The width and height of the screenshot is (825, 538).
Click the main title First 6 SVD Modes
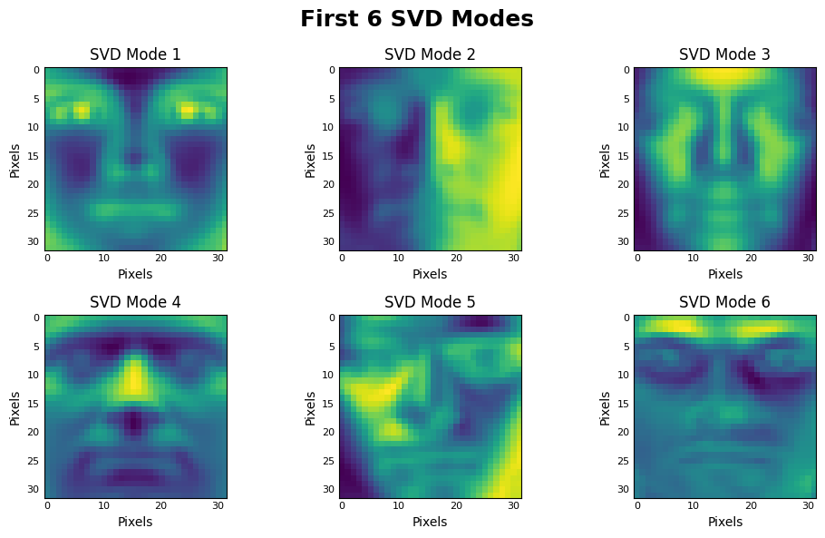416,19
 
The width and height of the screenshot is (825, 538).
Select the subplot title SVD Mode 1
135,54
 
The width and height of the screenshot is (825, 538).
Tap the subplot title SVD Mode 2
430,54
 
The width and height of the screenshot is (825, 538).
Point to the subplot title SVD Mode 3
724,54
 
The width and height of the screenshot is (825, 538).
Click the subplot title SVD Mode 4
135,302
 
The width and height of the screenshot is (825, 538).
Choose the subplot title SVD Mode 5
430,302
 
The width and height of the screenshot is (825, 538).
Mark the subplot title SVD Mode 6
724,302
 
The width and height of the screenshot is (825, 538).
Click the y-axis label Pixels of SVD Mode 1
15,160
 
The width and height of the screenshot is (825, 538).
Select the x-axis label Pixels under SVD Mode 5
430,522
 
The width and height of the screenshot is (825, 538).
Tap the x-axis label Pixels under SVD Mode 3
724,274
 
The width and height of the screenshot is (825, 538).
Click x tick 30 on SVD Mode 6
807,505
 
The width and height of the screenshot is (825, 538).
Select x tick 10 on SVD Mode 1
104,258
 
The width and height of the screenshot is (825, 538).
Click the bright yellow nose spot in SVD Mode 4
134,377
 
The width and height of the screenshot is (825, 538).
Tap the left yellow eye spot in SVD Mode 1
82,112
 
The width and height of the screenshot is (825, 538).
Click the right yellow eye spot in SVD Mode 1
188,111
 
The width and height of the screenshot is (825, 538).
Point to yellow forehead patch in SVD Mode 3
724,75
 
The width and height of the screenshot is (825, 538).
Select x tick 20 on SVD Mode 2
456,258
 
